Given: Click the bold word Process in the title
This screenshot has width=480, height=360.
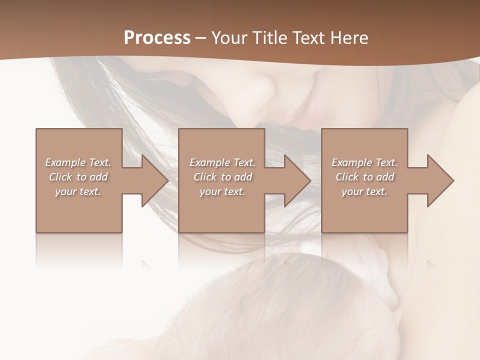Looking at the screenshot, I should pyautogui.click(x=157, y=37).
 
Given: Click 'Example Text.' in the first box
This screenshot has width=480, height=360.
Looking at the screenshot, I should pyautogui.click(x=78, y=162).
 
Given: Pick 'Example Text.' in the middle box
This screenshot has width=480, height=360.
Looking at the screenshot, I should pyautogui.click(x=222, y=162).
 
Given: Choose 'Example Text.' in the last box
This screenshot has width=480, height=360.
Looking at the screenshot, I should pyautogui.click(x=364, y=162).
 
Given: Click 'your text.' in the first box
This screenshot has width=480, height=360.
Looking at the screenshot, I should pyautogui.click(x=78, y=191).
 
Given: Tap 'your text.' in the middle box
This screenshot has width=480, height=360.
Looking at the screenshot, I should pyautogui.click(x=222, y=191).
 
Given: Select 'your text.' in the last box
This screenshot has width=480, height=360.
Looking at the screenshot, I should pyautogui.click(x=364, y=191).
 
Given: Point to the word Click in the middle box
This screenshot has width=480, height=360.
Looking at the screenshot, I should pyautogui.click(x=205, y=177).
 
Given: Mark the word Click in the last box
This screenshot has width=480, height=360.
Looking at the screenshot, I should pyautogui.click(x=347, y=177).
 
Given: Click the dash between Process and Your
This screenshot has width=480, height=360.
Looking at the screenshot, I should pyautogui.click(x=201, y=38).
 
